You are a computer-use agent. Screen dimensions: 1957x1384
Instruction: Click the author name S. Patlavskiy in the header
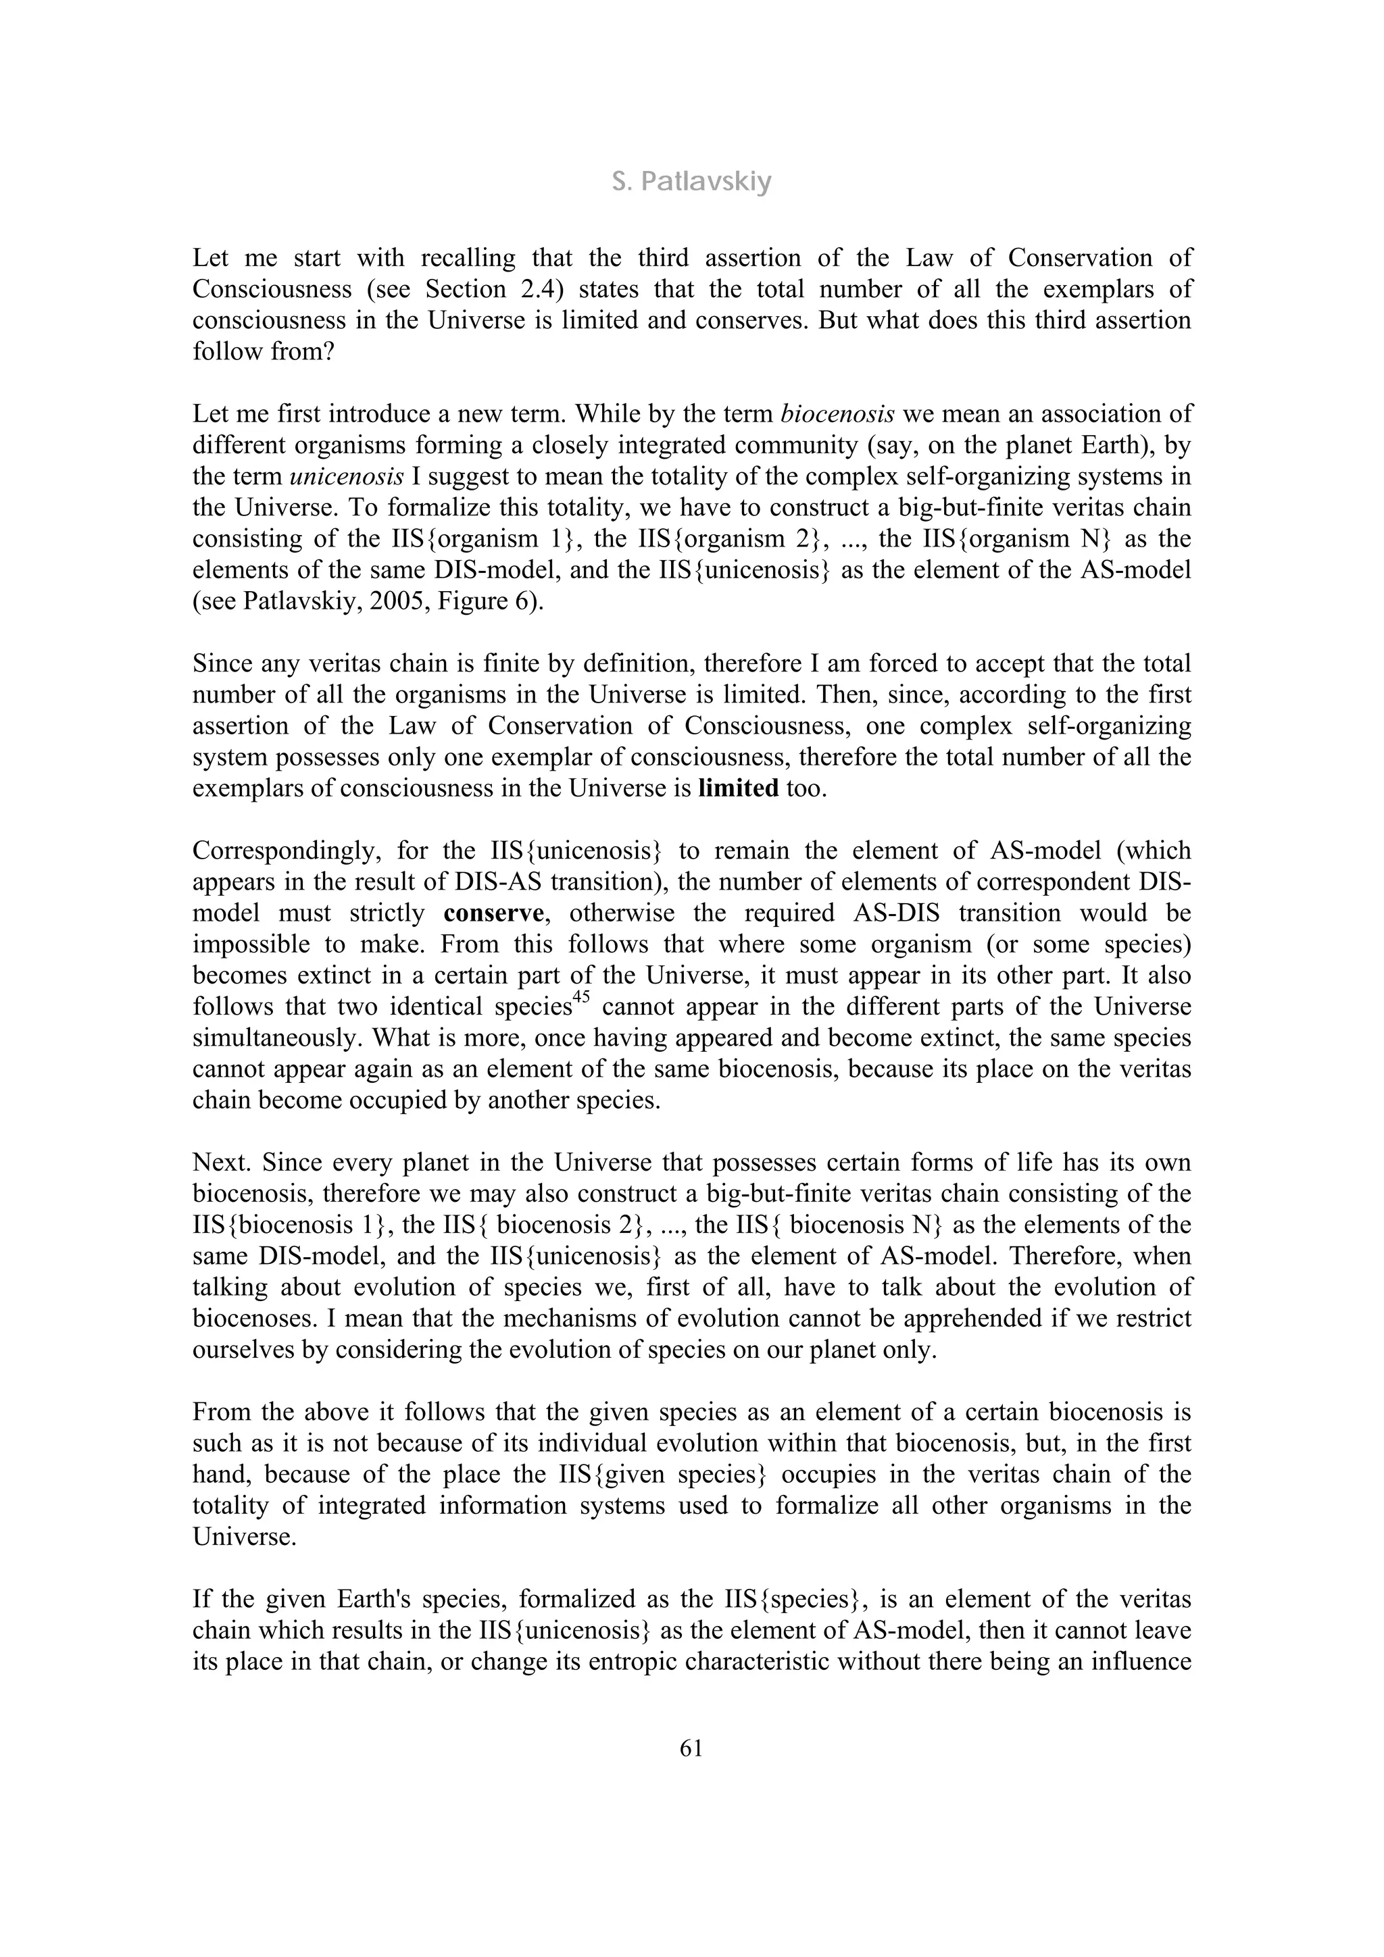(x=691, y=182)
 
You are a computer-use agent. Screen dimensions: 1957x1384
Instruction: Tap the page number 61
(x=691, y=1748)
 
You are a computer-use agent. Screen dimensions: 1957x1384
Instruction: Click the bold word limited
(x=738, y=788)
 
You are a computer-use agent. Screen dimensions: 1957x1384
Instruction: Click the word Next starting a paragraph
(x=222, y=1163)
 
